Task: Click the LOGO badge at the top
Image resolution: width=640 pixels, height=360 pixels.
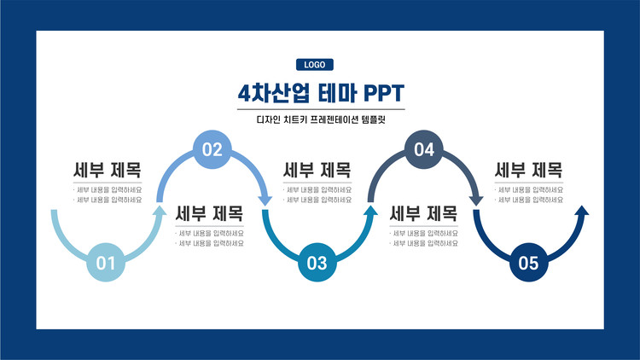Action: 315,64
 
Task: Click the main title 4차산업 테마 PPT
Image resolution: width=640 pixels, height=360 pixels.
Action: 321,91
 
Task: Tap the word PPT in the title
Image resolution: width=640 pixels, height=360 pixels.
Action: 383,91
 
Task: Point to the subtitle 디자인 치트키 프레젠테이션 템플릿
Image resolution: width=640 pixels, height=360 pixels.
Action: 321,120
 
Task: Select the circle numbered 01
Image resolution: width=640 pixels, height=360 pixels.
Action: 106,263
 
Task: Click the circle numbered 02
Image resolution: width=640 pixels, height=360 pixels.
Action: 212,150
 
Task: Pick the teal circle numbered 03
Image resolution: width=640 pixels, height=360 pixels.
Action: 317,263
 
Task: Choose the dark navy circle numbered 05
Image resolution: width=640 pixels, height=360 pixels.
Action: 529,263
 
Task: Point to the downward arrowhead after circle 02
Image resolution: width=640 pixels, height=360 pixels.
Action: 265,200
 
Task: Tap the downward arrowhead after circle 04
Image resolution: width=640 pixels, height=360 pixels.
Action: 476,200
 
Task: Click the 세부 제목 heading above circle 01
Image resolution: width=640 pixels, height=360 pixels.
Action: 108,170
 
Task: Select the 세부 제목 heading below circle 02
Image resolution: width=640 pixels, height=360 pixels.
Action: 210,213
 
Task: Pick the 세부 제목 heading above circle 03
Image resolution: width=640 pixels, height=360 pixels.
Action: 317,170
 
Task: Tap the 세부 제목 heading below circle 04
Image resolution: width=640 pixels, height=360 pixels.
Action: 424,213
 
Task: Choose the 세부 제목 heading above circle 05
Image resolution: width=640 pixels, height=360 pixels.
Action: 529,170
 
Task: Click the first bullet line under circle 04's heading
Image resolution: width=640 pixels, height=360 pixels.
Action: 424,233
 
